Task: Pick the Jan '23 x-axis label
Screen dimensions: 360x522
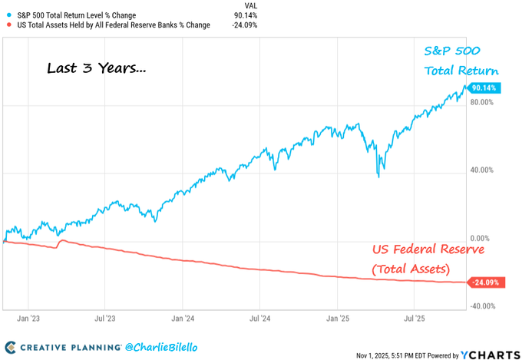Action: tap(28, 316)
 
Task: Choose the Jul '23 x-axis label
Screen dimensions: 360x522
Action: tap(105, 316)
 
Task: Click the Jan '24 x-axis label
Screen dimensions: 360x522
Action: tap(183, 316)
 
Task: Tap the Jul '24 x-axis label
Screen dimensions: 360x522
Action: tap(260, 316)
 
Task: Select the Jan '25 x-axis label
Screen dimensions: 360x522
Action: tap(338, 316)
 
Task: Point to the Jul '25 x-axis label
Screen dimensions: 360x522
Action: tap(415, 316)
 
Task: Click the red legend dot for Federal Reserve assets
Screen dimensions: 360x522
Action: tap(8, 25)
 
